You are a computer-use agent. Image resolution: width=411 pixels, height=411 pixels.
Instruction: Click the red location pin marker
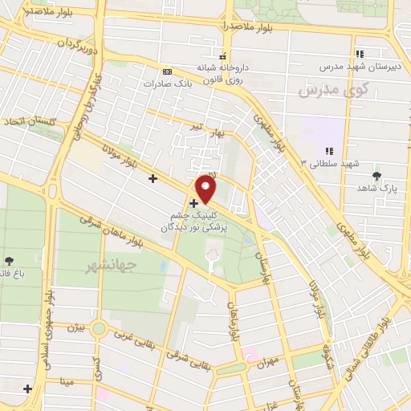pyautogui.click(x=207, y=189)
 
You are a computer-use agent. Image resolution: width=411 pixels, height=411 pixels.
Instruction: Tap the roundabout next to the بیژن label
pyautogui.click(x=99, y=328)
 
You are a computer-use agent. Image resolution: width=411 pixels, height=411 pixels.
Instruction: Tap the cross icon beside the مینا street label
pyautogui.click(x=28, y=389)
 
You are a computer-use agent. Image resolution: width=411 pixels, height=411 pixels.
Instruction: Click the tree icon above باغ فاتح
pyautogui.click(x=9, y=260)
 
